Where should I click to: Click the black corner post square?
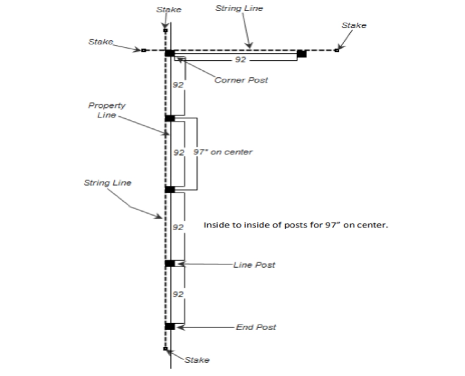point(170,53)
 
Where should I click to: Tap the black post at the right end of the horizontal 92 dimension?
point(301,53)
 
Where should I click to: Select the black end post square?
point(170,326)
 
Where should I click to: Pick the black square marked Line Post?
point(170,263)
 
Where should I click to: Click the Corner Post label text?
point(241,80)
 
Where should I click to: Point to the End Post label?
point(256,327)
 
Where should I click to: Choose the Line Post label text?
point(254,265)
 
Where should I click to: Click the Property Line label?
point(107,110)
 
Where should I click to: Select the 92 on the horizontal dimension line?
point(240,60)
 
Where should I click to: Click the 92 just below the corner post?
point(179,85)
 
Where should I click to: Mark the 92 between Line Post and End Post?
point(179,295)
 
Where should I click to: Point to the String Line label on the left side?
point(108,183)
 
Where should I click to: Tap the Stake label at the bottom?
point(197,360)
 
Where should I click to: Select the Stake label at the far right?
point(354,25)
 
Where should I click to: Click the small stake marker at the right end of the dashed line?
point(337,50)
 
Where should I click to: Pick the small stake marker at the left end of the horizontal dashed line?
point(143,50)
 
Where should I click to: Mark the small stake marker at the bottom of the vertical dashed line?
point(165,349)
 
